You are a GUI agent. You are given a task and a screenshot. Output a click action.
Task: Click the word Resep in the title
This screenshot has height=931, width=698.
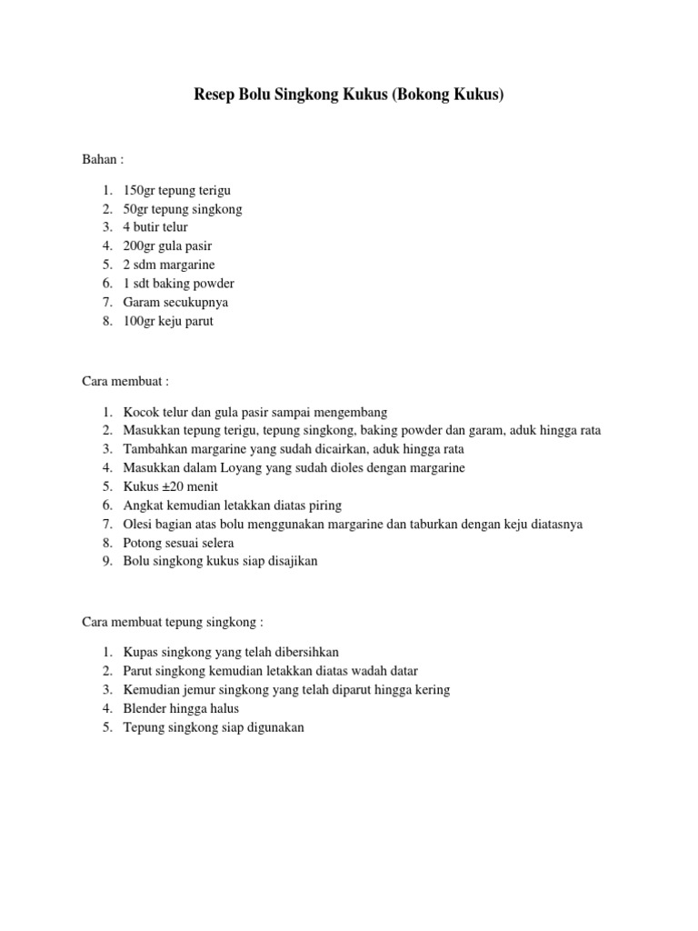(x=214, y=94)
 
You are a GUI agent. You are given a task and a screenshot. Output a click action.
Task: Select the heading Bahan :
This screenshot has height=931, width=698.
(x=103, y=159)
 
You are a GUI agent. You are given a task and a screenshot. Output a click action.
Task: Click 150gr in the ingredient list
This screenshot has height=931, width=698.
(x=139, y=190)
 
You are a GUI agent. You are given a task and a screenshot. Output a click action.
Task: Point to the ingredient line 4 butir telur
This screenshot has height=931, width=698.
(x=155, y=226)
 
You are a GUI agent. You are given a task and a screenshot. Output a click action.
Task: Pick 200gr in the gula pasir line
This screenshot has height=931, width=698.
(x=139, y=245)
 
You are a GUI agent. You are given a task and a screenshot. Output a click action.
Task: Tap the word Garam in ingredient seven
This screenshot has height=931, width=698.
(x=141, y=302)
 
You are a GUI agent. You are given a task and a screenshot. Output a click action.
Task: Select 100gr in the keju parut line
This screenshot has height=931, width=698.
(x=139, y=321)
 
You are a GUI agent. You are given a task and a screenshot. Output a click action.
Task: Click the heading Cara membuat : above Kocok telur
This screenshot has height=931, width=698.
(x=126, y=381)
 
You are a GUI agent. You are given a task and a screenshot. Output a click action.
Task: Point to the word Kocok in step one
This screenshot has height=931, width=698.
(x=141, y=412)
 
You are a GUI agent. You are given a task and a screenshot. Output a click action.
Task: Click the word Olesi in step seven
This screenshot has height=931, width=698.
(x=138, y=524)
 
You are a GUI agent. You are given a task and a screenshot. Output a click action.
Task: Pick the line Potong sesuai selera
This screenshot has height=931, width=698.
(x=178, y=543)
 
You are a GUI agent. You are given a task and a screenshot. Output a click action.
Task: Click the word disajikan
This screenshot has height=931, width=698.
(x=290, y=561)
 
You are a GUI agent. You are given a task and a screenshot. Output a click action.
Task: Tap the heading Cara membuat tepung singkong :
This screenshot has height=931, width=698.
(x=173, y=622)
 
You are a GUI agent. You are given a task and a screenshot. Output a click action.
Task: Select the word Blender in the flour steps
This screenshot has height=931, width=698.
(x=145, y=707)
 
